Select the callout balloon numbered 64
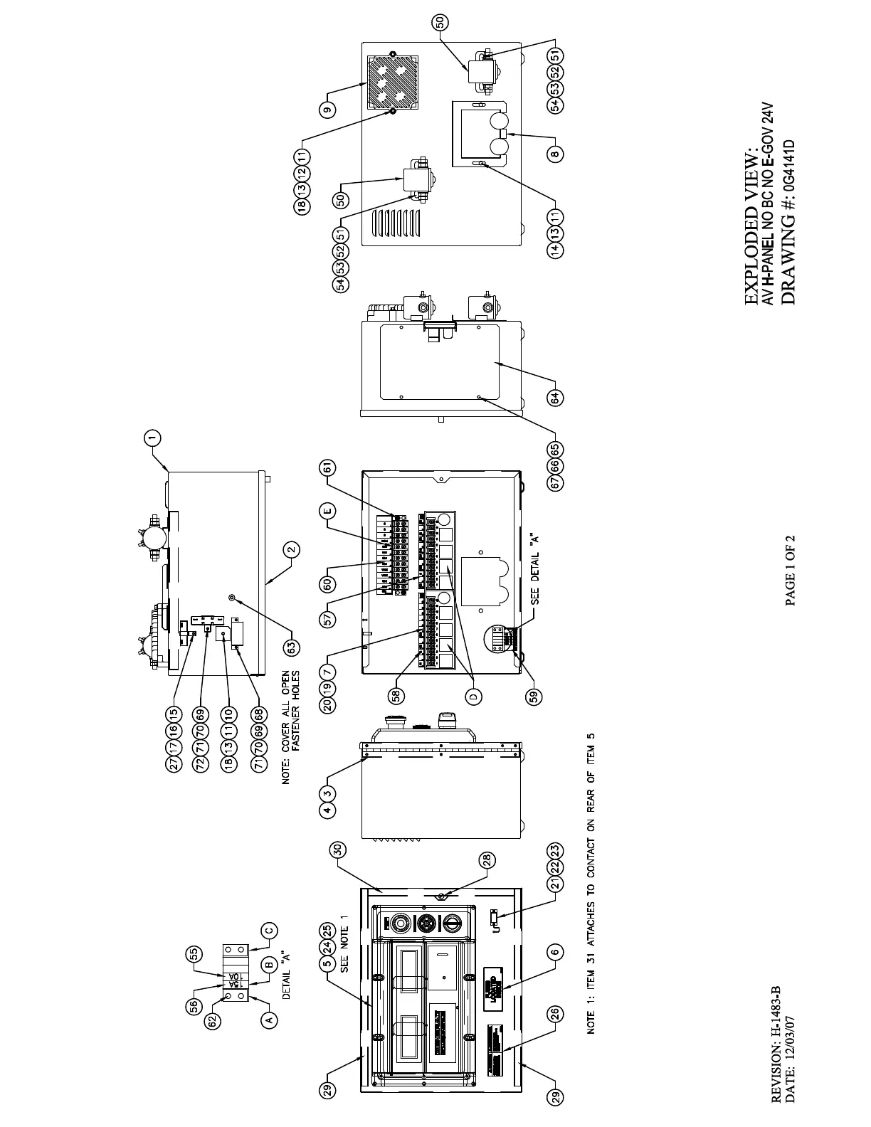[556, 398]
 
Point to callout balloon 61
[327, 467]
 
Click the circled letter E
[327, 511]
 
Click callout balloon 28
[486, 860]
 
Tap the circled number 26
[556, 1015]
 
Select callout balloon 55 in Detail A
[194, 954]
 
